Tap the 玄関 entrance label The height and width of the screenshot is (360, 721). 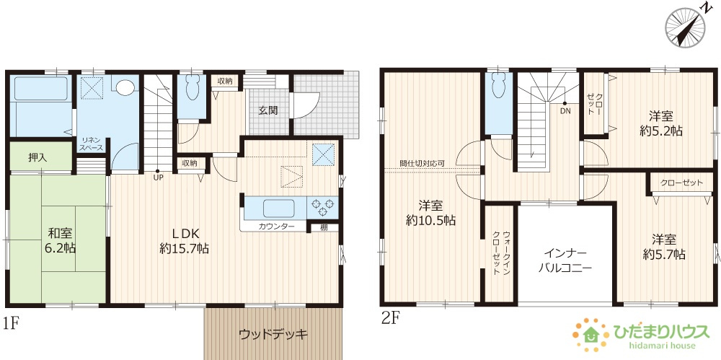(x=269, y=110)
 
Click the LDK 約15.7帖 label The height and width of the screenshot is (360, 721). (x=185, y=240)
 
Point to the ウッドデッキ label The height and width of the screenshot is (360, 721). (x=273, y=334)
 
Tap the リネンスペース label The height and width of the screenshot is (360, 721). (x=92, y=144)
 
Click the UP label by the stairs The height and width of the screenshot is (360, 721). (x=157, y=178)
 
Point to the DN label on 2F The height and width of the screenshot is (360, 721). (x=565, y=111)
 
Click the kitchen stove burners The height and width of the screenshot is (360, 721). (x=322, y=207)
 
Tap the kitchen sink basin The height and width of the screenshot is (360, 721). (x=278, y=208)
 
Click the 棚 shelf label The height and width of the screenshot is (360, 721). (x=324, y=227)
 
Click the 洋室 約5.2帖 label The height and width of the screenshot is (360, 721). (x=660, y=123)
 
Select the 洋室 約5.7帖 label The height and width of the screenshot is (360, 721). (x=664, y=246)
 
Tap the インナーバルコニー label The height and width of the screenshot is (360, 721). (x=567, y=260)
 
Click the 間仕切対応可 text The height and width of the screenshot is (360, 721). (x=422, y=164)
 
